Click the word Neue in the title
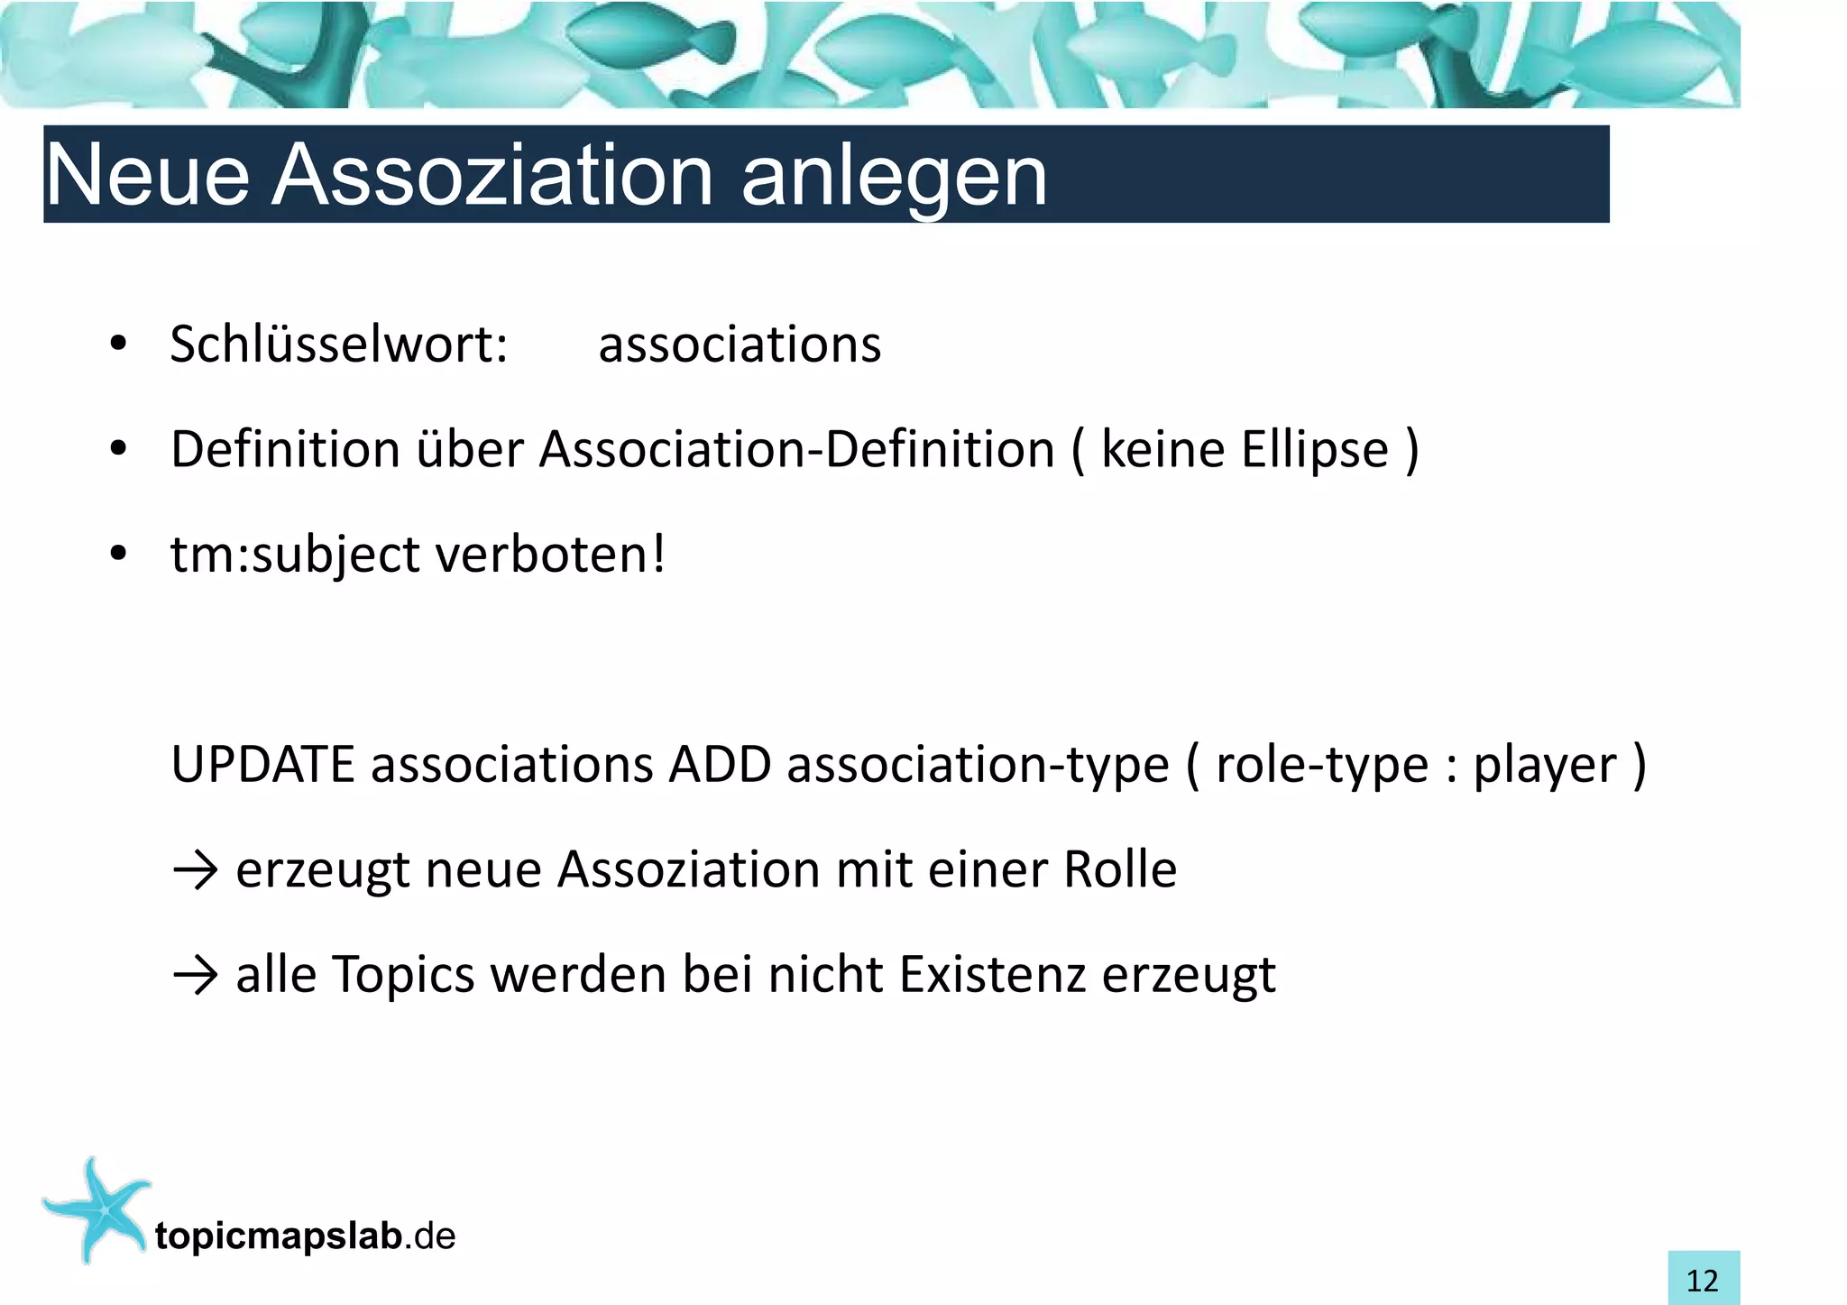pos(147,175)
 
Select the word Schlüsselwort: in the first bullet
pos(339,345)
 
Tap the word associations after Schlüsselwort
pos(740,345)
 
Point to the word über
pos(469,449)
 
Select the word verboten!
pos(551,554)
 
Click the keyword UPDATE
pos(262,765)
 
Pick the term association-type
pos(978,765)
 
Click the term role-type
pos(1322,765)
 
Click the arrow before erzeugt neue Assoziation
pos(195,870)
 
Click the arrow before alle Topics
pos(195,975)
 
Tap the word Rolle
pos(1120,870)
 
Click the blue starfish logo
pos(97,1209)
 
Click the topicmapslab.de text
pos(305,1236)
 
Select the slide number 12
pos(1703,1280)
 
